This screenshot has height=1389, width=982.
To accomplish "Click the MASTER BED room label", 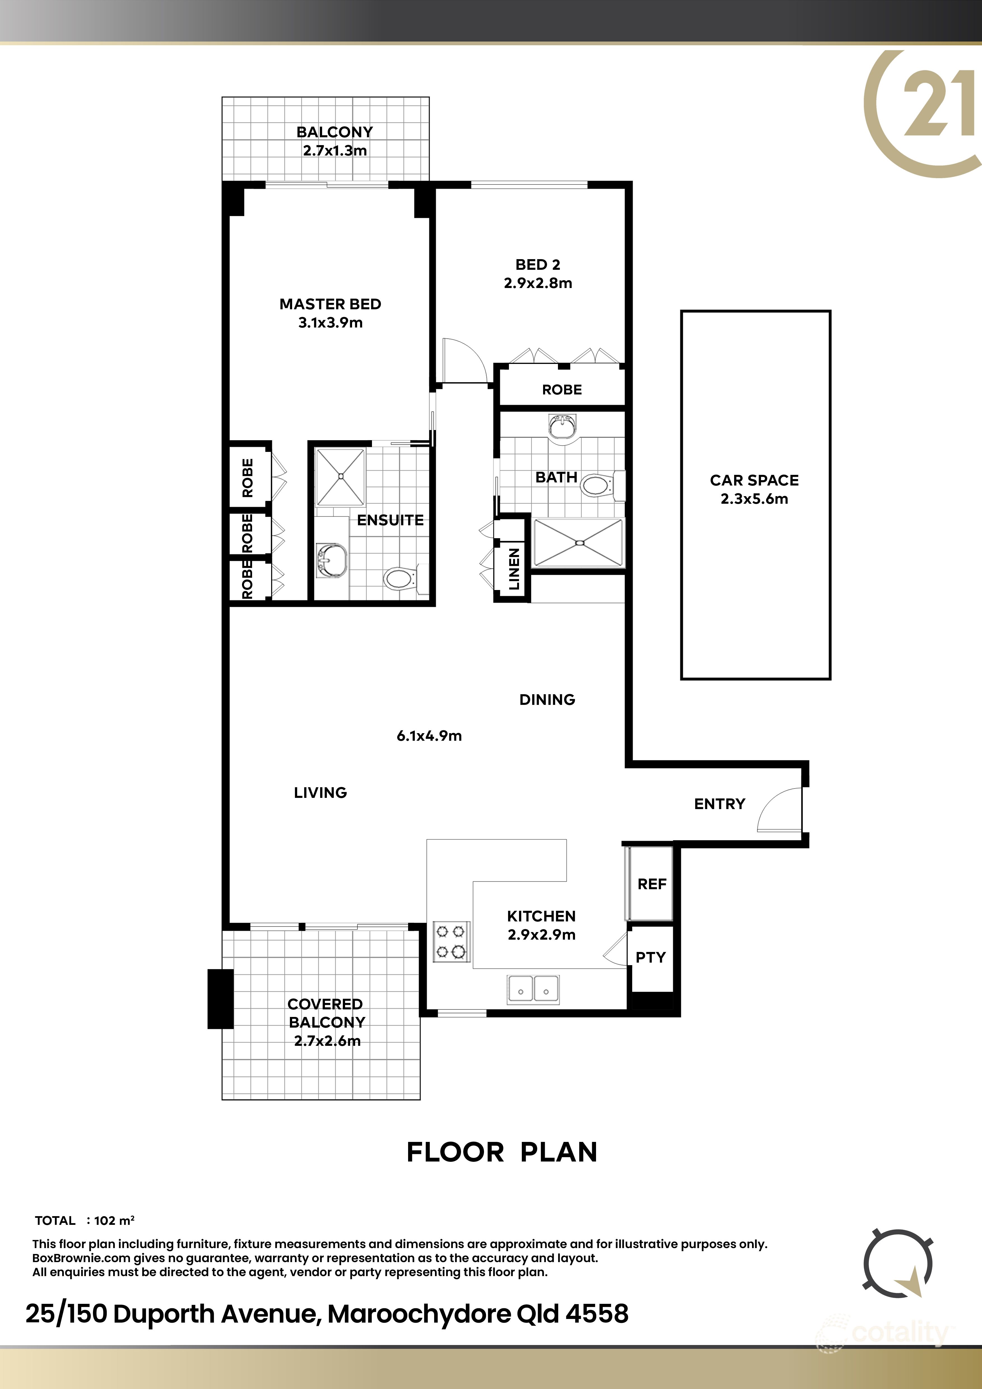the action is point(330,304).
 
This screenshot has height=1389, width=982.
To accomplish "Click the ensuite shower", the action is point(340,477).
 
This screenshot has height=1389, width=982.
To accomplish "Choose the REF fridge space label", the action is point(652,884).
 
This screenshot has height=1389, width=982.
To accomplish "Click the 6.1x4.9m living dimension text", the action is point(429,736).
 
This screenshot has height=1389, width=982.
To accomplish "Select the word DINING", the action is point(547,700).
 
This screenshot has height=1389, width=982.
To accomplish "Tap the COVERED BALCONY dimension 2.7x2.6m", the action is point(327,1041).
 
